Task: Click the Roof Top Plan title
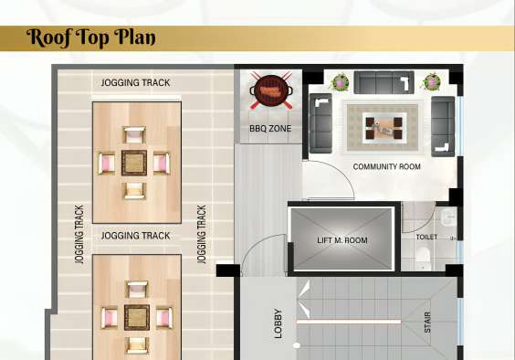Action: (x=91, y=37)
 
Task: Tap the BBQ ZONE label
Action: (x=270, y=129)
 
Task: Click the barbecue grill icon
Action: (x=271, y=90)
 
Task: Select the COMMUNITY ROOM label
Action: (x=386, y=166)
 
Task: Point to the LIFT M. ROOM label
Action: (x=342, y=240)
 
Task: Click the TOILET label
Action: (x=426, y=237)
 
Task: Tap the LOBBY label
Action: (x=278, y=323)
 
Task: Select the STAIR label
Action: (x=427, y=323)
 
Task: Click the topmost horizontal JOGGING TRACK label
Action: (x=136, y=82)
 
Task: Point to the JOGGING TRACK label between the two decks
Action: (x=136, y=236)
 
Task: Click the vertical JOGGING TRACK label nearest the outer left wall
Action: (x=79, y=235)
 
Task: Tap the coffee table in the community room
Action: (x=384, y=128)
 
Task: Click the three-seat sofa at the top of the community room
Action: (x=384, y=82)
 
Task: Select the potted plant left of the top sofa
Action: (x=340, y=82)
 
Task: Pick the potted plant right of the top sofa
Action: (x=431, y=81)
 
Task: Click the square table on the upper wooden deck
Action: (x=134, y=163)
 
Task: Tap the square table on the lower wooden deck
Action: (x=137, y=317)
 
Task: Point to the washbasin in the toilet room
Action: (x=448, y=217)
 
